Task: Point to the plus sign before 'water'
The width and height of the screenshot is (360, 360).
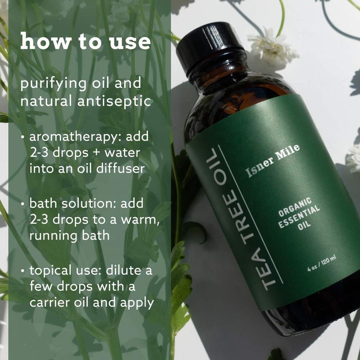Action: coord(96,153)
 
